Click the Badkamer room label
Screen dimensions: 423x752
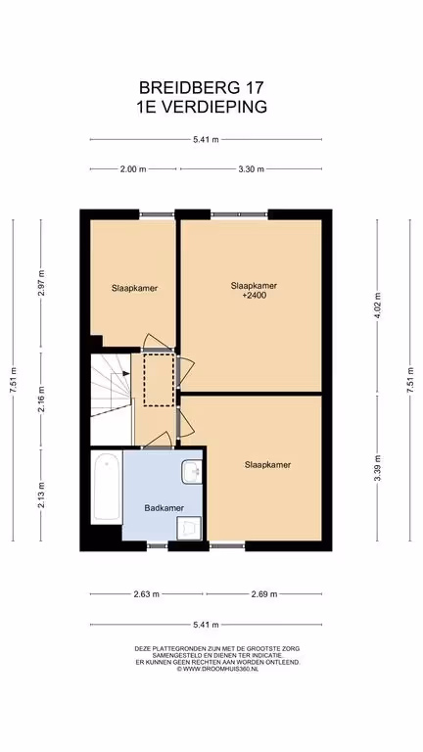tap(164, 508)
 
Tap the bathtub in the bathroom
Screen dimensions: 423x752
tap(107, 488)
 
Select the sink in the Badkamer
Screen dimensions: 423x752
tap(192, 471)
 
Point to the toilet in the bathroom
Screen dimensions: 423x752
tap(189, 529)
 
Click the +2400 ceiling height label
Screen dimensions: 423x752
tap(254, 296)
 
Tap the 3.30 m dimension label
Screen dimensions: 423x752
tap(252, 168)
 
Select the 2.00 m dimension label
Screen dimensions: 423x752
tap(133, 168)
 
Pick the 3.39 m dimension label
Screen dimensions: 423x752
tap(377, 469)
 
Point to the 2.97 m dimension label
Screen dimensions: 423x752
tap(41, 283)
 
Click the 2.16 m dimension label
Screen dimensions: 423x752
tap(41, 399)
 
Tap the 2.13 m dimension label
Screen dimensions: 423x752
tap(41, 493)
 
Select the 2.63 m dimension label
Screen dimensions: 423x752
tap(146, 594)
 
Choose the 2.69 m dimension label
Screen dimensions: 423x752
tap(264, 594)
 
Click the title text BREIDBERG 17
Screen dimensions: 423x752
tap(202, 88)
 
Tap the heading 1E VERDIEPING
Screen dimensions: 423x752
tap(202, 107)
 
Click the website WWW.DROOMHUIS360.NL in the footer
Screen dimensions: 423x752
tap(217, 669)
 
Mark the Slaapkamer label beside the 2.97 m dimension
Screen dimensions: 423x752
tap(135, 288)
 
